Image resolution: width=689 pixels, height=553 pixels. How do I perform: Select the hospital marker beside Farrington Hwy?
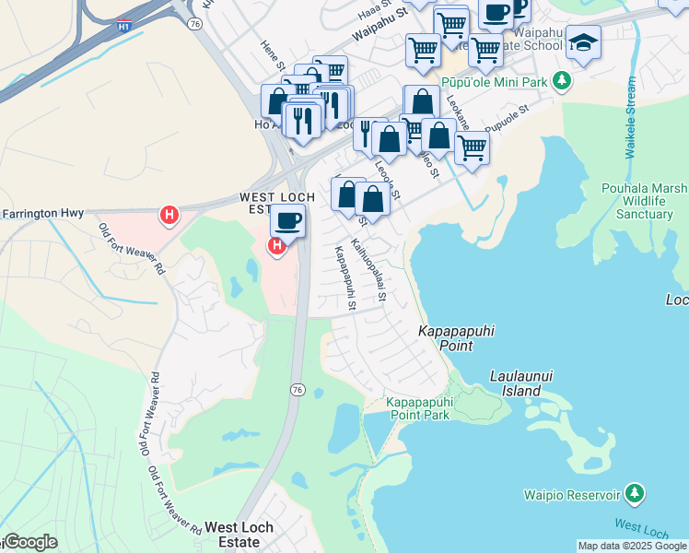pyautogui.click(x=169, y=216)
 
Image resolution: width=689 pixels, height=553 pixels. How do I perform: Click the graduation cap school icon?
pyautogui.click(x=583, y=41)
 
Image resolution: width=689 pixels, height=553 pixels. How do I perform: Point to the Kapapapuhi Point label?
pyautogui.click(x=446, y=338)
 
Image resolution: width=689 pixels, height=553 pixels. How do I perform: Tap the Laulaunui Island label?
pyautogui.click(x=515, y=383)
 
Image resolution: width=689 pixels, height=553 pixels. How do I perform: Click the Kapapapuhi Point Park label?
pyautogui.click(x=418, y=409)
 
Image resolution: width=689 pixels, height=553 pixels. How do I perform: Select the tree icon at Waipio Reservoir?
pyautogui.click(x=634, y=494)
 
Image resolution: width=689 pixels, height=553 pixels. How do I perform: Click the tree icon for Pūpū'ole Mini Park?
pyautogui.click(x=563, y=82)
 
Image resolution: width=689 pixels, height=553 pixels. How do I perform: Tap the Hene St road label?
pyautogui.click(x=272, y=57)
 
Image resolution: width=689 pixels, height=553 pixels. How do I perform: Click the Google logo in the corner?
pyautogui.click(x=29, y=542)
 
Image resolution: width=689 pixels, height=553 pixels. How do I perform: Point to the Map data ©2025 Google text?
pyautogui.click(x=632, y=546)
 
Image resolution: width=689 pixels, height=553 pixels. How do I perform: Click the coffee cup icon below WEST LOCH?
pyautogui.click(x=288, y=221)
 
